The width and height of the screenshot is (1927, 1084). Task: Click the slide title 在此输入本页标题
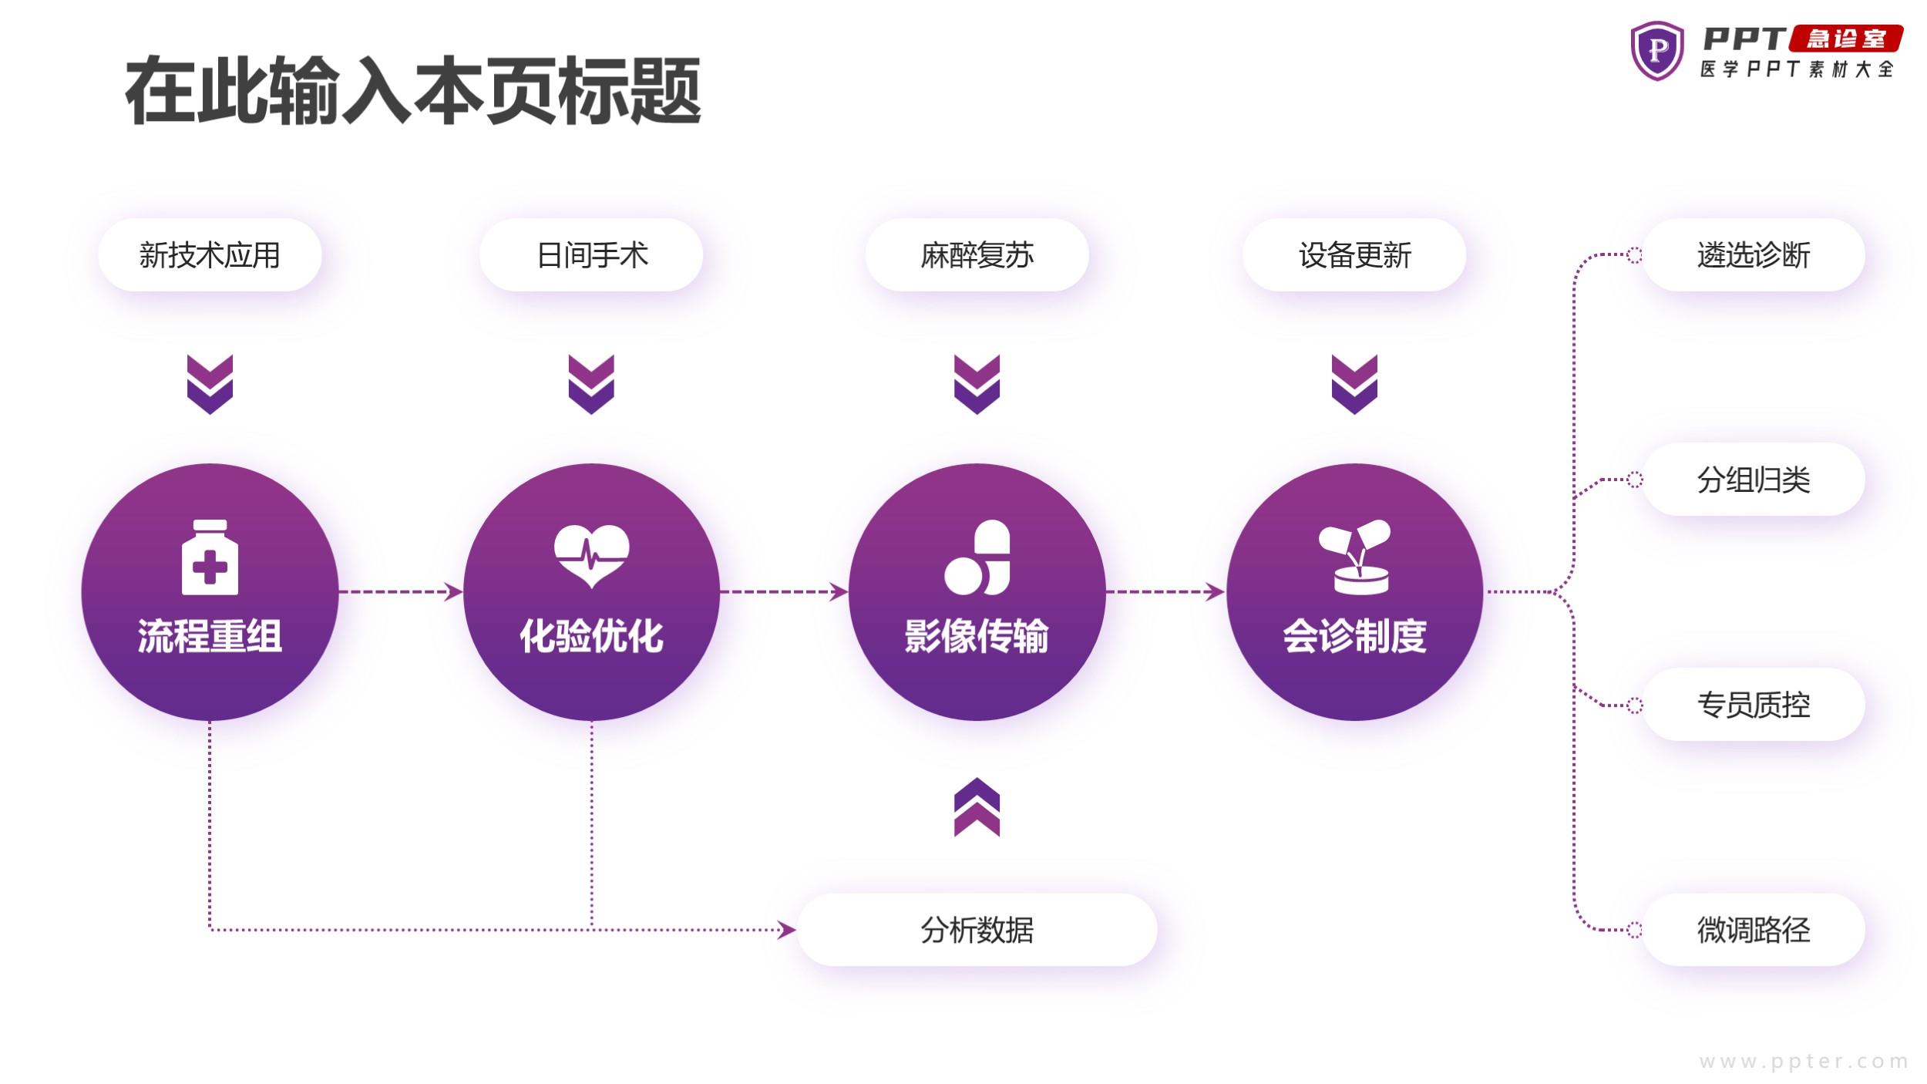[x=413, y=91]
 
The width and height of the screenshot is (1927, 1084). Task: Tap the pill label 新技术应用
[x=210, y=255]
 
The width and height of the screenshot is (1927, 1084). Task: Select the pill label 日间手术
[x=591, y=255]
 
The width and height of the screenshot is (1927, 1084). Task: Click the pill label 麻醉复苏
[x=977, y=255]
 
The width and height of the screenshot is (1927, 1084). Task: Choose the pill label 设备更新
[x=1354, y=255]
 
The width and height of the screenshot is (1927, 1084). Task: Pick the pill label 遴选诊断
[x=1754, y=255]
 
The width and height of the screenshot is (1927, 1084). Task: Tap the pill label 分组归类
[x=1754, y=480]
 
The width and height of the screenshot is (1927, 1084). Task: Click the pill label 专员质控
[x=1754, y=705]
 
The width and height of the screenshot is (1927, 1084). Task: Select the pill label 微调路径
[x=1754, y=930]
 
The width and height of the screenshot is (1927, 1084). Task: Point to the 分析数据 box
[x=977, y=930]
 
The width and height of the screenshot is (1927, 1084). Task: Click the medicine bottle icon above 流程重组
[x=210, y=557]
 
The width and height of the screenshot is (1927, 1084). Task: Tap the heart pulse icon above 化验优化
[x=591, y=556]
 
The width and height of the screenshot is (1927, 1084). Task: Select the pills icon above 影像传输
[x=977, y=557]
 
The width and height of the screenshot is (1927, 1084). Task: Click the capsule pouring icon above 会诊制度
[x=1354, y=557]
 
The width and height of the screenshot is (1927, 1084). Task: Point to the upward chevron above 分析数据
[x=977, y=807]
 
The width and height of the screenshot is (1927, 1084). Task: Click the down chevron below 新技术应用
[x=210, y=385]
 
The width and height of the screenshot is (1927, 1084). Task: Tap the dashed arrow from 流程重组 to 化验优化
[x=401, y=592]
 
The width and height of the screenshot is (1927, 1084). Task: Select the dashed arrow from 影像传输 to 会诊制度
[x=1165, y=592]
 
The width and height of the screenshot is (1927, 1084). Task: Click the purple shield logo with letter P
[x=1657, y=51]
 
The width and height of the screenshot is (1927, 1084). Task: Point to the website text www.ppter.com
[x=1804, y=1062]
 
